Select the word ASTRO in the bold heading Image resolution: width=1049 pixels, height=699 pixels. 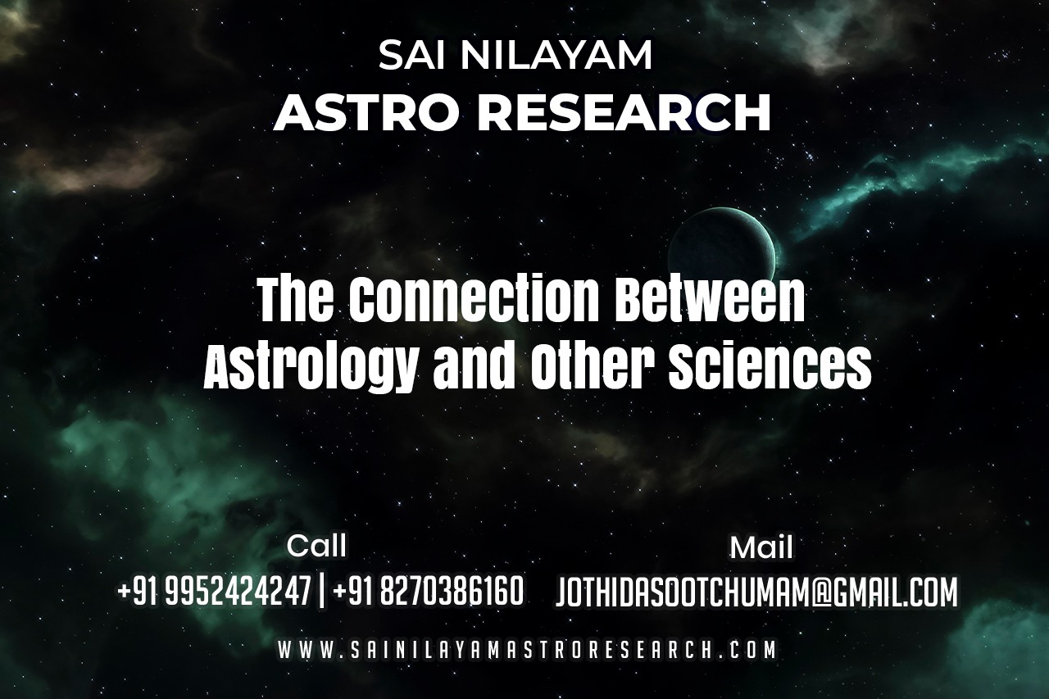[x=366, y=112]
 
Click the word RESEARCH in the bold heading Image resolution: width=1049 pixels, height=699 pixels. [x=624, y=112]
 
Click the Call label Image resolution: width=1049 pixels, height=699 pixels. [x=316, y=546]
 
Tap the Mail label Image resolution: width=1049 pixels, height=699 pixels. [x=761, y=547]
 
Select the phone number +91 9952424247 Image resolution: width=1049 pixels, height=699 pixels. [x=214, y=591]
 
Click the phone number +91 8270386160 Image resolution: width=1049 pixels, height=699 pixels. [x=428, y=591]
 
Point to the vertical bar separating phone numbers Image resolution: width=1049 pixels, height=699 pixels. [x=321, y=592]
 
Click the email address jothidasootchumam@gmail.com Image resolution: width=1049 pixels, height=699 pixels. [x=756, y=592]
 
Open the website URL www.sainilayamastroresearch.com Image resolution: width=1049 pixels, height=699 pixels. [x=527, y=650]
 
